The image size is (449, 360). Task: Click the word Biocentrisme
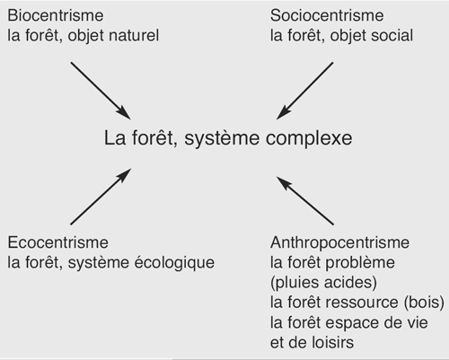pos(56,15)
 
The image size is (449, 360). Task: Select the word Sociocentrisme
pos(327,15)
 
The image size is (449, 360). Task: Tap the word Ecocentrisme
pos(57,242)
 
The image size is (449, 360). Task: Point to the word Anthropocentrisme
pos(339,242)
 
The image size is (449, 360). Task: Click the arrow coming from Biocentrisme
pos(101,91)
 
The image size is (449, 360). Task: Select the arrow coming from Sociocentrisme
pos(304,91)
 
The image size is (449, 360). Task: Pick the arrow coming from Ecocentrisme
pos(101,197)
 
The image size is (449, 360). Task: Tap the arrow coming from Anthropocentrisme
pos(304,200)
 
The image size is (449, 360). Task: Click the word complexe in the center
pos(309,139)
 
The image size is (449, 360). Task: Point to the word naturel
pos(134,35)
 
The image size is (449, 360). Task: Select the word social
pos(392,35)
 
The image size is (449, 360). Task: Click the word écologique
pos(174,263)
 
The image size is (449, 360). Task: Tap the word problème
pos(360,263)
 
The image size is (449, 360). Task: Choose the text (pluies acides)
pos(323,283)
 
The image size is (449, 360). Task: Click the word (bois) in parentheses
pos(424,303)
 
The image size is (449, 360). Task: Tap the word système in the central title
pos(222,139)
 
